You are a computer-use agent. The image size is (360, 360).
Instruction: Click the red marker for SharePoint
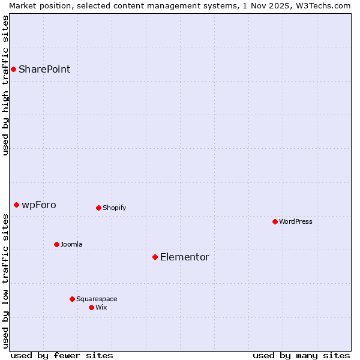(13, 69)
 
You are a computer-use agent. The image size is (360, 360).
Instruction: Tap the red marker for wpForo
(16, 205)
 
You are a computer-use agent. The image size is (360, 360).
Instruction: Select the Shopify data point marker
(98, 208)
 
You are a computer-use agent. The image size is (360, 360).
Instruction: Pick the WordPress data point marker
(275, 221)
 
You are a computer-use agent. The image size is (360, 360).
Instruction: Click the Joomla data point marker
(56, 244)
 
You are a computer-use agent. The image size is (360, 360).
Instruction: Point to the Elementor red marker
(155, 257)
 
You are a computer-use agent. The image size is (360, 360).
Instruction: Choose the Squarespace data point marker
(72, 299)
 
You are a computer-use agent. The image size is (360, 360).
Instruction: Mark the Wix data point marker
(91, 307)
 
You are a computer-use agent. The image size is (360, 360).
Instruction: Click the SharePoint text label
(44, 69)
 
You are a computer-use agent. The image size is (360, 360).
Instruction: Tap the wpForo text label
(39, 205)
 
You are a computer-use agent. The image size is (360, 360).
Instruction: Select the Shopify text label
(114, 208)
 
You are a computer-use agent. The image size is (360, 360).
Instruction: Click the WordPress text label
(296, 221)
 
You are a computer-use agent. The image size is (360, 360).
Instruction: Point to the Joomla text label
(71, 244)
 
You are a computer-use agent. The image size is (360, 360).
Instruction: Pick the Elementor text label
(185, 257)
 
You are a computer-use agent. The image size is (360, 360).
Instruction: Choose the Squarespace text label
(97, 299)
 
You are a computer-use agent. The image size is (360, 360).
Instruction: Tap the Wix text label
(101, 307)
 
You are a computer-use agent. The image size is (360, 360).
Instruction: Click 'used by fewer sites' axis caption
(62, 355)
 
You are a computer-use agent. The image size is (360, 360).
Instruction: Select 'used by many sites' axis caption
(301, 355)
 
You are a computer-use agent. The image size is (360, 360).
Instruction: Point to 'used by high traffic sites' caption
(5, 85)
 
